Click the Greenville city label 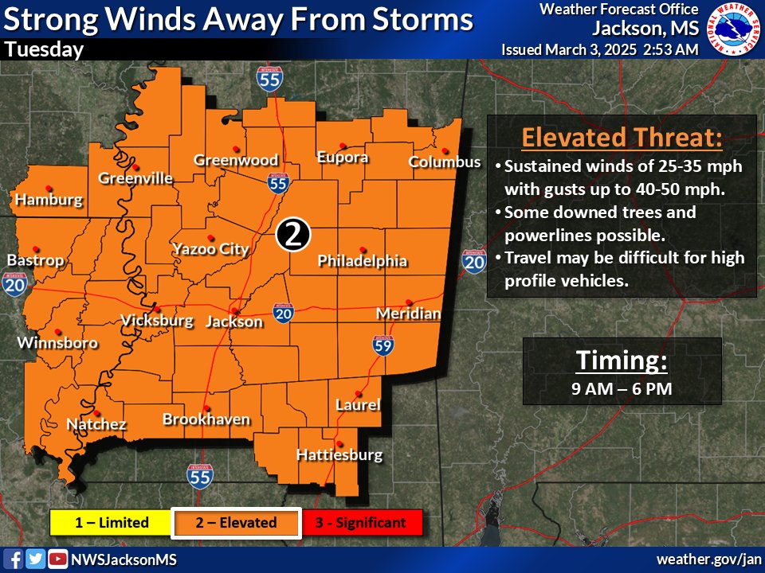pos(135,178)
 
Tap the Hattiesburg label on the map pos(339,456)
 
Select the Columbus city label pos(445,162)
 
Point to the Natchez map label pos(96,424)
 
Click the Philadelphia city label pos(363,261)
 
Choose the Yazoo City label pos(211,249)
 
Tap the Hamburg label pos(49,199)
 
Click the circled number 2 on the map pos(292,234)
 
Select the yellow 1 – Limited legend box pos(112,523)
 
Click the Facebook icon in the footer pos(14,559)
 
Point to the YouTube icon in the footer pos(57,559)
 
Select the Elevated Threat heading pos(622,138)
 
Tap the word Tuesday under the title pos(44,50)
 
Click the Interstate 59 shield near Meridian pos(383,345)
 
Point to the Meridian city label pos(408,314)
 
